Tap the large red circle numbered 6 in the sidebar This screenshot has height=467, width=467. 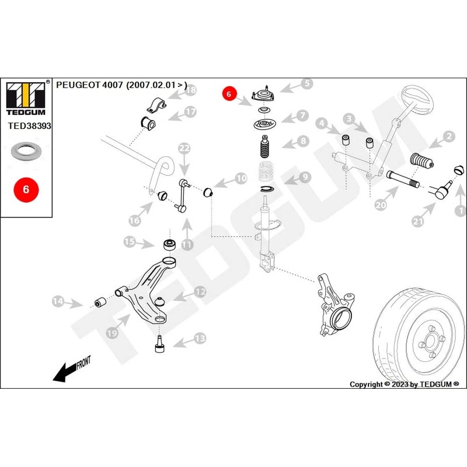tap(26, 190)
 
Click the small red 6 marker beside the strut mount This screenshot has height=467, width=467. tap(229, 93)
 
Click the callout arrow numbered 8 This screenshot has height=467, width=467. tap(294, 141)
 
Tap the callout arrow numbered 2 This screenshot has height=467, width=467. tap(441, 138)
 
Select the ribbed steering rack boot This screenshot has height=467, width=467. tap(420, 162)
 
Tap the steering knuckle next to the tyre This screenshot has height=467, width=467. tap(336, 306)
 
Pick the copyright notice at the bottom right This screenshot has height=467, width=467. tap(404, 384)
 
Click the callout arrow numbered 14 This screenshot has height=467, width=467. tap(66, 302)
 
